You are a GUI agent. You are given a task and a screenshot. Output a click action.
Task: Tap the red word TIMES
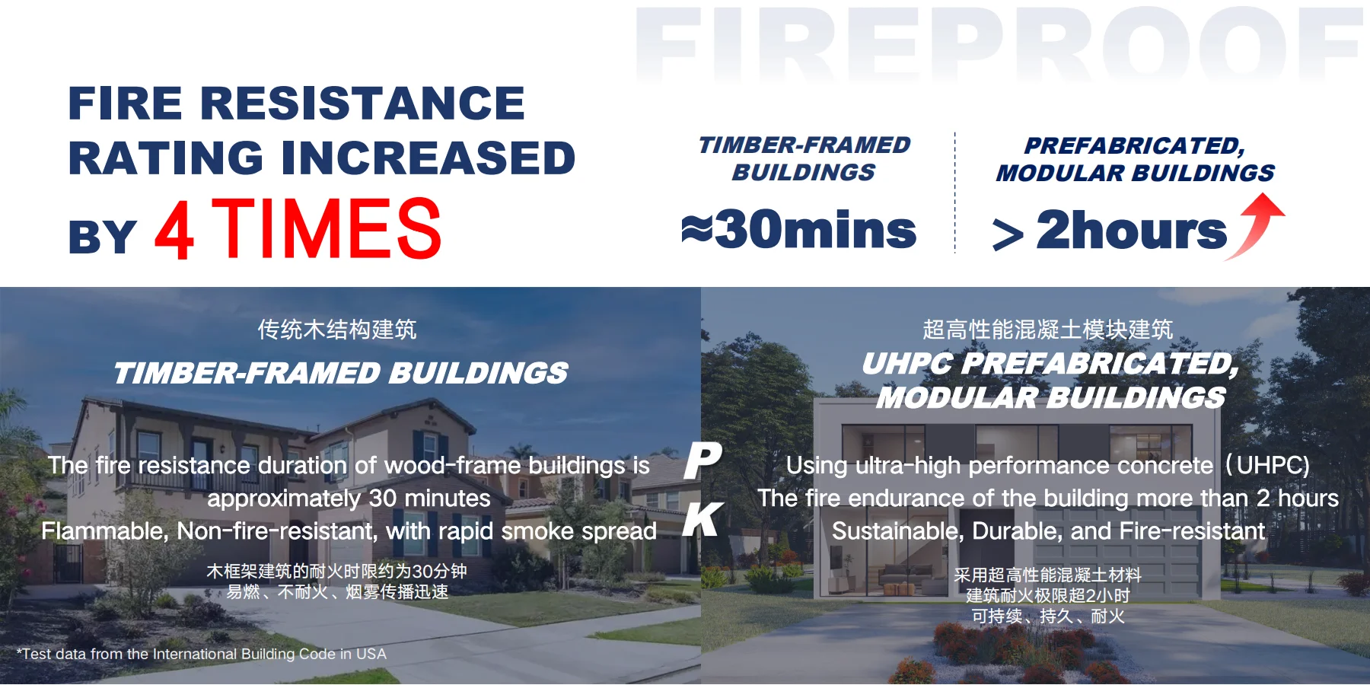pyautogui.click(x=327, y=228)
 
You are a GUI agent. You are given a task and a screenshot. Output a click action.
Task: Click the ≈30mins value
pyautogui.click(x=799, y=229)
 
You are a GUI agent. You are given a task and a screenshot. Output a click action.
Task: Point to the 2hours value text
pyautogui.click(x=1132, y=229)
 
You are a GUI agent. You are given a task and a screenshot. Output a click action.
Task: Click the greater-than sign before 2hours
pyautogui.click(x=1008, y=234)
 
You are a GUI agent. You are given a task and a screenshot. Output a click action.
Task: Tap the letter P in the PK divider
pyautogui.click(x=703, y=460)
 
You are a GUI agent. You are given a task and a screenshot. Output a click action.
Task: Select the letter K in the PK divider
pyautogui.click(x=703, y=520)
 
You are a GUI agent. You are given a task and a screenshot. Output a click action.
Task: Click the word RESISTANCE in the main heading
pyautogui.click(x=362, y=103)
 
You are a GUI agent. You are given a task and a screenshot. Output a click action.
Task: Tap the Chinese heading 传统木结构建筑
pyautogui.click(x=337, y=330)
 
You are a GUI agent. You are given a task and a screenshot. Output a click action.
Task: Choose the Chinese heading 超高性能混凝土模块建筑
pyautogui.click(x=1048, y=330)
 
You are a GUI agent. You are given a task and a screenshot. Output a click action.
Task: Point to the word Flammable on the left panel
pyautogui.click(x=104, y=530)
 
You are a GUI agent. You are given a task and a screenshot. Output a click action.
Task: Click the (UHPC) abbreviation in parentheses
pyautogui.click(x=1267, y=465)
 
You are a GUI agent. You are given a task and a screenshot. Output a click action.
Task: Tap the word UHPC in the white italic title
pyautogui.click(x=907, y=364)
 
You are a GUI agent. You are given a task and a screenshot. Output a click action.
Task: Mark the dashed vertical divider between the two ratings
pyautogui.click(x=955, y=193)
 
